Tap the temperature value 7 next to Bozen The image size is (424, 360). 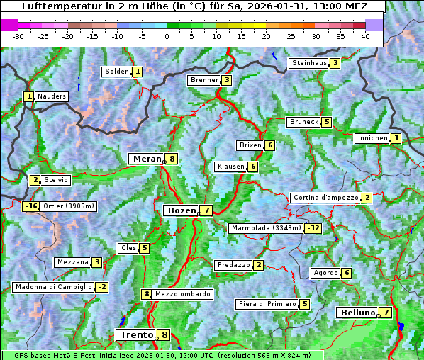coord(206,210)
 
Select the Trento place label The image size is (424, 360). coord(137,335)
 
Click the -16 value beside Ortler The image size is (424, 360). coord(30,206)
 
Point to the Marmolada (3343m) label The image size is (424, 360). coord(266,228)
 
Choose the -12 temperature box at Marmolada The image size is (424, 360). coord(313,228)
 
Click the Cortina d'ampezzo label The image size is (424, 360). coord(325,198)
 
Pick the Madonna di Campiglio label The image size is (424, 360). coord(53,287)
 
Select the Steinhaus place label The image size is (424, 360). coord(309,63)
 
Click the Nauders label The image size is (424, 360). coord(52,96)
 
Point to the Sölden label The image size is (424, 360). coord(117,72)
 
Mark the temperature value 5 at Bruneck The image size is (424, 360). coord(326,122)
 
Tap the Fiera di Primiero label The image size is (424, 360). coord(267,304)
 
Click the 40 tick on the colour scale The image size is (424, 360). coord(365,36)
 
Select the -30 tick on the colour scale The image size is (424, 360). coord(18,36)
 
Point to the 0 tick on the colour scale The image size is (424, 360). coord(167,36)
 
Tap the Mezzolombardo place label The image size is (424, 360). coord(182,294)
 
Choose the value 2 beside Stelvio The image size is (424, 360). coord(35,180)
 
